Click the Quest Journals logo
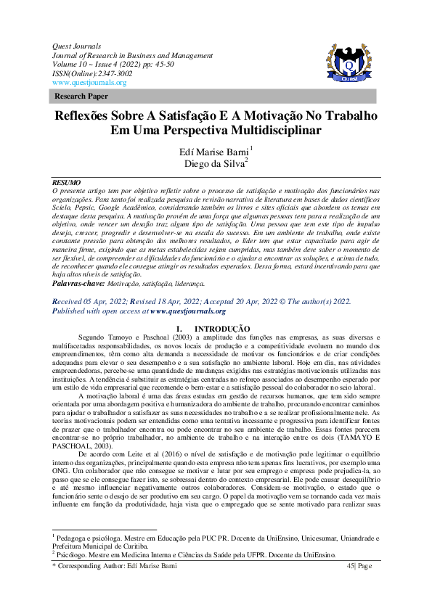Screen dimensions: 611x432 coord(351,65)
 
